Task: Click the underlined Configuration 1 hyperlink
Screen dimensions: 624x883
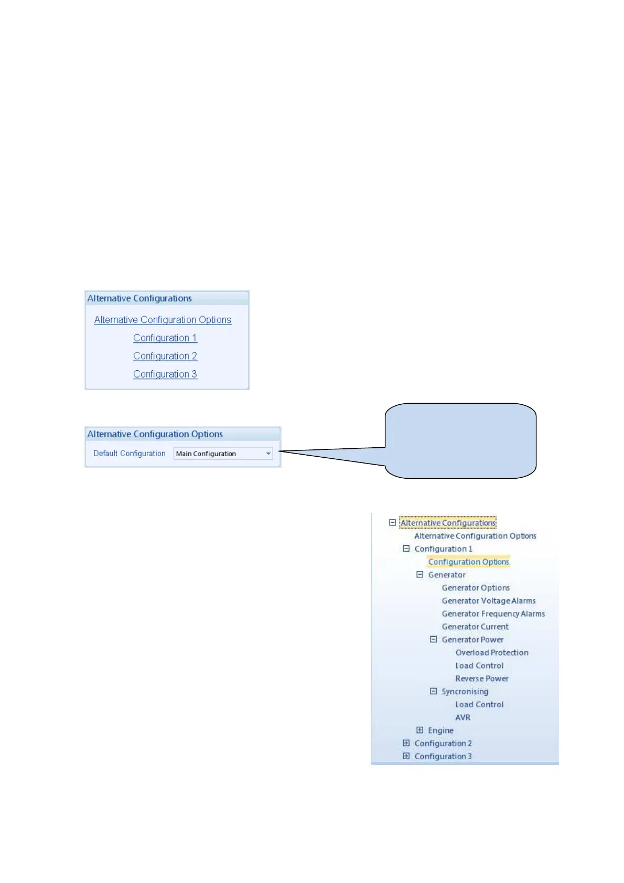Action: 165,338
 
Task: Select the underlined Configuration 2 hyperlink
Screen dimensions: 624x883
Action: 165,356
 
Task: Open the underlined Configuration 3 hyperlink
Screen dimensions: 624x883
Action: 165,374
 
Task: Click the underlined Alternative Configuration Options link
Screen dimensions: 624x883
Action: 163,320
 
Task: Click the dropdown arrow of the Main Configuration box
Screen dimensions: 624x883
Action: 268,454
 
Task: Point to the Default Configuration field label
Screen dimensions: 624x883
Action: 129,454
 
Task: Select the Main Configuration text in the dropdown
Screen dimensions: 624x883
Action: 206,454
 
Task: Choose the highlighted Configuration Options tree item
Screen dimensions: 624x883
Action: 468,562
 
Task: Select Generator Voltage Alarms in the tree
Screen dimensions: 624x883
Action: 488,601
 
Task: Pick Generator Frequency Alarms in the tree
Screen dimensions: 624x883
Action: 493,613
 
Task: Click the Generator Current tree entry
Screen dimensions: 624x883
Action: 475,627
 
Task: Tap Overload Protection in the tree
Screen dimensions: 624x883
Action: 492,653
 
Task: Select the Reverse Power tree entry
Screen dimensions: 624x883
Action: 482,679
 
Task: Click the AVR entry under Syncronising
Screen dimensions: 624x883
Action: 462,717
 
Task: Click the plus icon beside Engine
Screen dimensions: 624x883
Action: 419,730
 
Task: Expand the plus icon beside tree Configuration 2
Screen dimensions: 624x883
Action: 406,743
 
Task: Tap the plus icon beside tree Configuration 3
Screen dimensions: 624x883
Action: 406,756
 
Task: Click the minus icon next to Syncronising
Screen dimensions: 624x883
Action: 433,691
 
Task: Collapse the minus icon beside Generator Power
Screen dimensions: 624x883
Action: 433,639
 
